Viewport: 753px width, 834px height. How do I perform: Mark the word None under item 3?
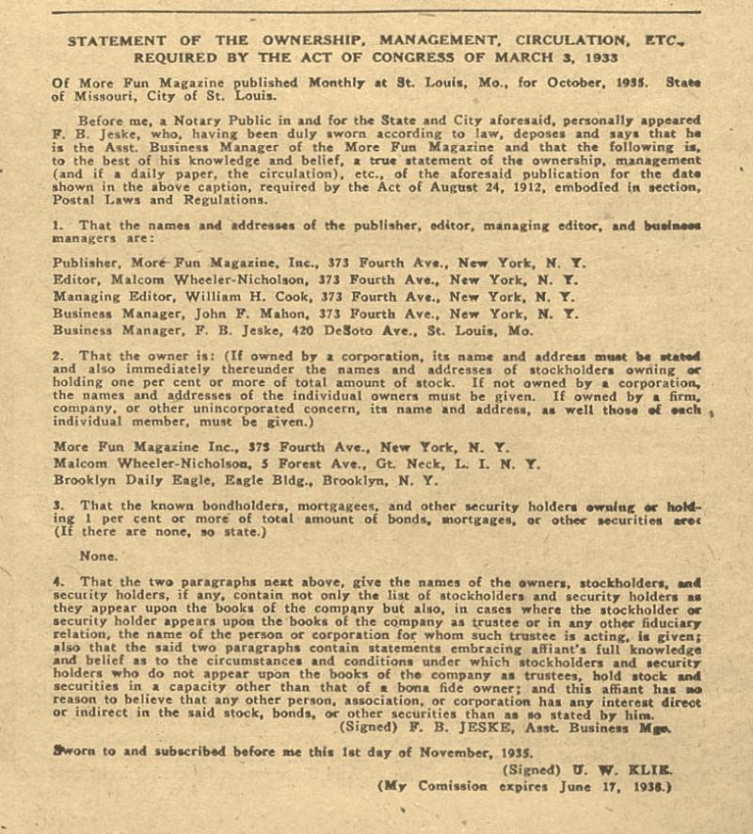click(x=99, y=556)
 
